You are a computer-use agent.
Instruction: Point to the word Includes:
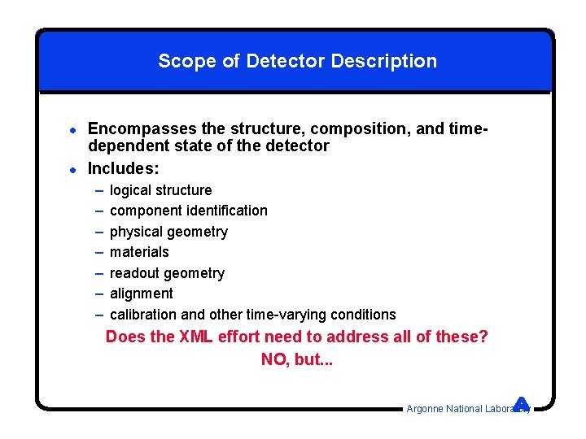(123, 168)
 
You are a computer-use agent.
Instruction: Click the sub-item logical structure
(160, 190)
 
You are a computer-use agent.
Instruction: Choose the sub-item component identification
(188, 211)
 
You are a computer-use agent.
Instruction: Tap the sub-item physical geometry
(168, 232)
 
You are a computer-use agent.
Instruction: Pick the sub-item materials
(139, 252)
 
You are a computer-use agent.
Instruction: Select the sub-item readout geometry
(167, 273)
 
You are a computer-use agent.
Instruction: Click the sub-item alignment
(141, 293)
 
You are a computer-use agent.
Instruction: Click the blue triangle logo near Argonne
(522, 403)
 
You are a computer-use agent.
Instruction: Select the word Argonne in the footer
(425, 409)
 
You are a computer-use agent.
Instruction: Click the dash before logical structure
(98, 190)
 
